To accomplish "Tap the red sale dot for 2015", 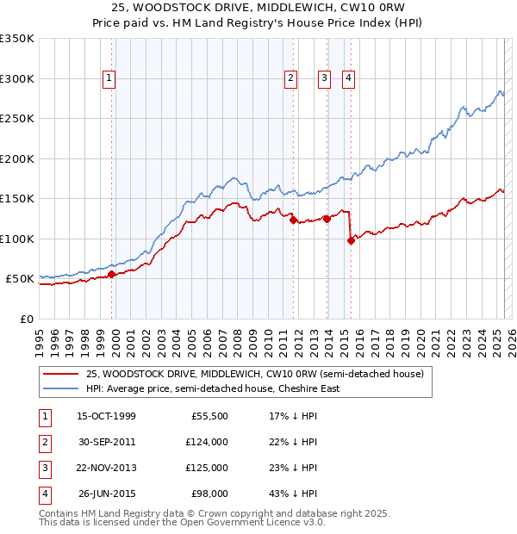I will (x=351, y=240).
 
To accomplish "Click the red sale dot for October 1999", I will (x=112, y=275).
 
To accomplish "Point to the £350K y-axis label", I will (x=17, y=39).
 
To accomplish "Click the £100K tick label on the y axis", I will (x=17, y=239).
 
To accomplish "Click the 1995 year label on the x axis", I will (x=40, y=337).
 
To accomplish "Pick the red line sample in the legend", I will (x=59, y=375).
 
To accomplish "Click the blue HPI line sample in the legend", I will (x=59, y=388).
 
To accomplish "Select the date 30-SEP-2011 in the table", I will (x=107, y=442).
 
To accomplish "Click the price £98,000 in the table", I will (x=209, y=494).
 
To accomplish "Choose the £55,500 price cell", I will (x=209, y=416).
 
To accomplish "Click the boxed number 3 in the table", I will (x=44, y=468).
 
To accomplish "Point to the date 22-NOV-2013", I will (x=107, y=468).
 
